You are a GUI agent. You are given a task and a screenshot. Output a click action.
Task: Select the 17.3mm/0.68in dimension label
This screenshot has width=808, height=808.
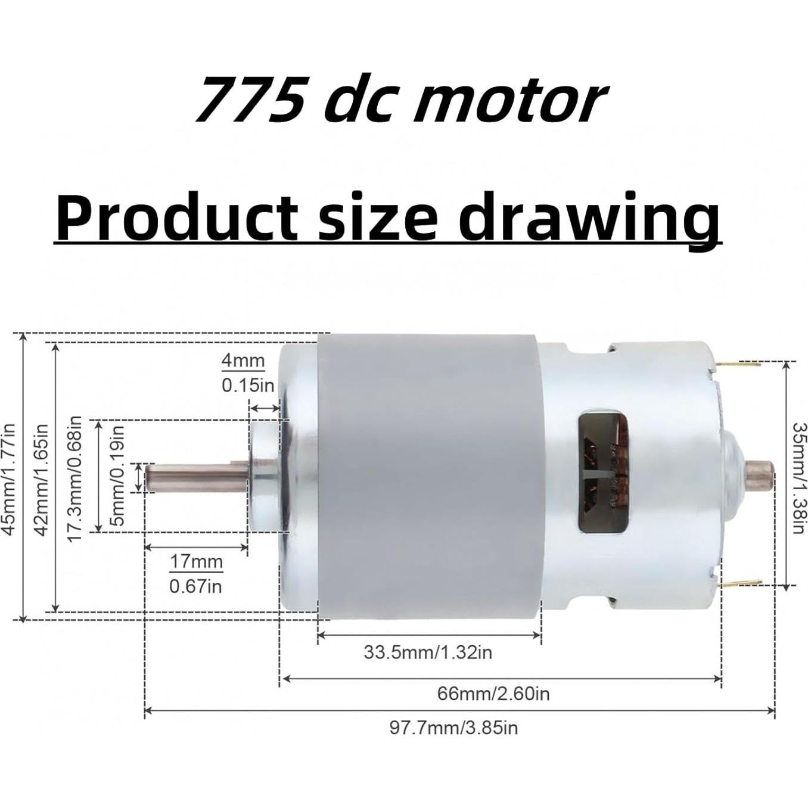tap(74, 478)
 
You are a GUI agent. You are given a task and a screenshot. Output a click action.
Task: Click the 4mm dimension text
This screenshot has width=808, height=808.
tap(243, 361)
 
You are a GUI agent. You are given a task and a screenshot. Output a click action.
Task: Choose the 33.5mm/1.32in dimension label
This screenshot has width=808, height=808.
tap(428, 652)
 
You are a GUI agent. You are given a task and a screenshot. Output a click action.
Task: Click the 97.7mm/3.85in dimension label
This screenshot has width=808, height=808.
tap(453, 728)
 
